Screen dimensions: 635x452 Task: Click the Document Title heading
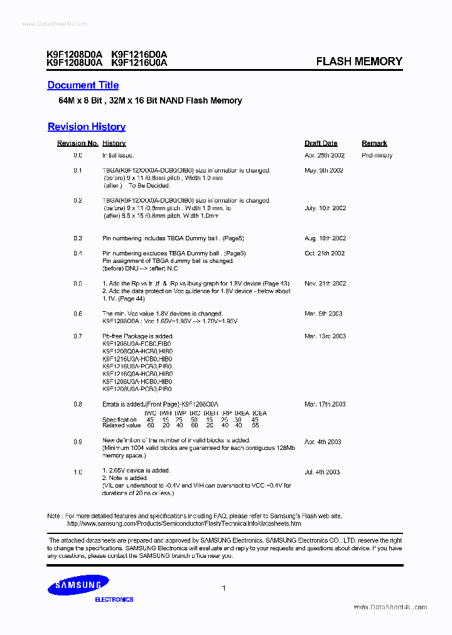coord(83,85)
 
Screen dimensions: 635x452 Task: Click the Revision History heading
coord(87,127)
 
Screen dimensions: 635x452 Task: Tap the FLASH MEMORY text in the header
coord(359,61)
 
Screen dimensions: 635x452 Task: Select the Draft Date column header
coord(321,144)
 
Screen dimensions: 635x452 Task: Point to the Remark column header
coord(374,144)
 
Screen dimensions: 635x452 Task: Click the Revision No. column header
coord(78,144)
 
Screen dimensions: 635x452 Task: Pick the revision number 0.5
coord(78,284)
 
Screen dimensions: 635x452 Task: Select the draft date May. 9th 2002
coord(324,171)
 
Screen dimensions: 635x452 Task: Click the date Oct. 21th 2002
coord(325,253)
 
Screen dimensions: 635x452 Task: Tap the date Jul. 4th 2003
coord(322,472)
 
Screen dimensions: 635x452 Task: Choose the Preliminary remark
coord(377,156)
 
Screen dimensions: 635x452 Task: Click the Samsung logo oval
coord(78,585)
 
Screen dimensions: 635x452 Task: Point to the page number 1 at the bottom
coord(224,588)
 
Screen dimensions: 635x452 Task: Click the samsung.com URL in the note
coord(184,523)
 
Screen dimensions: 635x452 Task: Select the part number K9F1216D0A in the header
coord(139,55)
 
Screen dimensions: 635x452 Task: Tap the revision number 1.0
coord(78,472)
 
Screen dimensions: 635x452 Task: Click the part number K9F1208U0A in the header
coord(74,63)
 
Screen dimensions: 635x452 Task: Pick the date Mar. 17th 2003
coord(325,404)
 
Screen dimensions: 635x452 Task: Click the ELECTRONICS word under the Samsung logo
coord(114,600)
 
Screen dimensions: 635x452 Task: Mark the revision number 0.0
coord(78,156)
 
